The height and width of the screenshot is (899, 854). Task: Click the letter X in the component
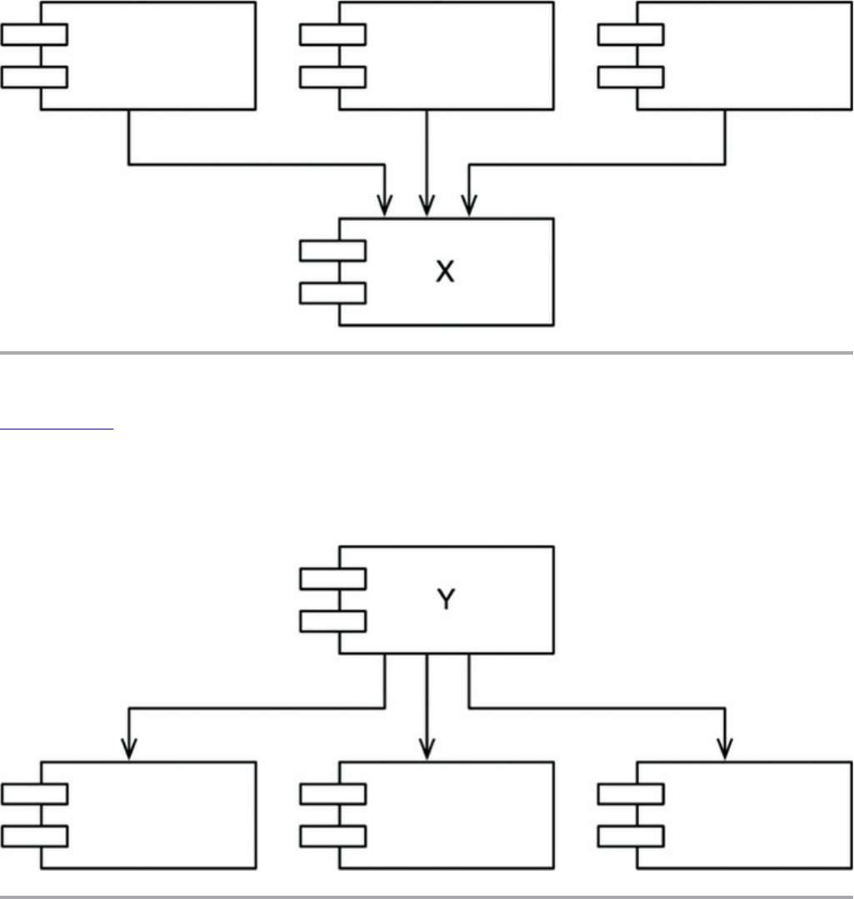click(x=446, y=272)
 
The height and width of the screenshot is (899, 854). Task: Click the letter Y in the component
click(x=446, y=599)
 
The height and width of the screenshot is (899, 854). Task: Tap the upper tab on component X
click(x=332, y=251)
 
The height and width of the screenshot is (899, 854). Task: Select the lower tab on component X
click(x=332, y=293)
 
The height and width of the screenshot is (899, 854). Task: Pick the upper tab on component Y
click(x=332, y=579)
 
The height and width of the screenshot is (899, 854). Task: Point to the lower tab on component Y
click(x=332, y=621)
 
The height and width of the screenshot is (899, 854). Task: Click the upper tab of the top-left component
click(x=34, y=35)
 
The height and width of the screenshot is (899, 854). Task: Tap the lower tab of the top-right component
click(x=631, y=77)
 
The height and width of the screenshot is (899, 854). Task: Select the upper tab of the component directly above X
click(x=332, y=35)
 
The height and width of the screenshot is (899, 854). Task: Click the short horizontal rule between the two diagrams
click(x=56, y=430)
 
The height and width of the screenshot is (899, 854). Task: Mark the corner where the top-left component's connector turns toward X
click(x=129, y=164)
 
